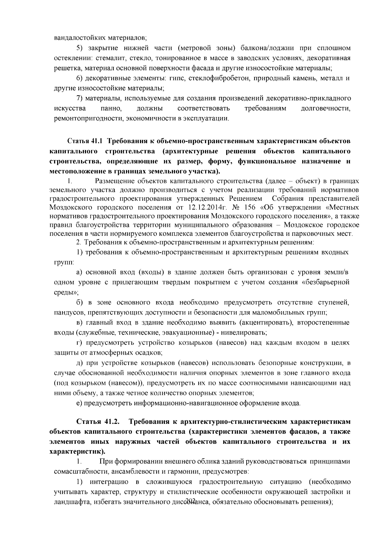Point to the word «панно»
(111, 109)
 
